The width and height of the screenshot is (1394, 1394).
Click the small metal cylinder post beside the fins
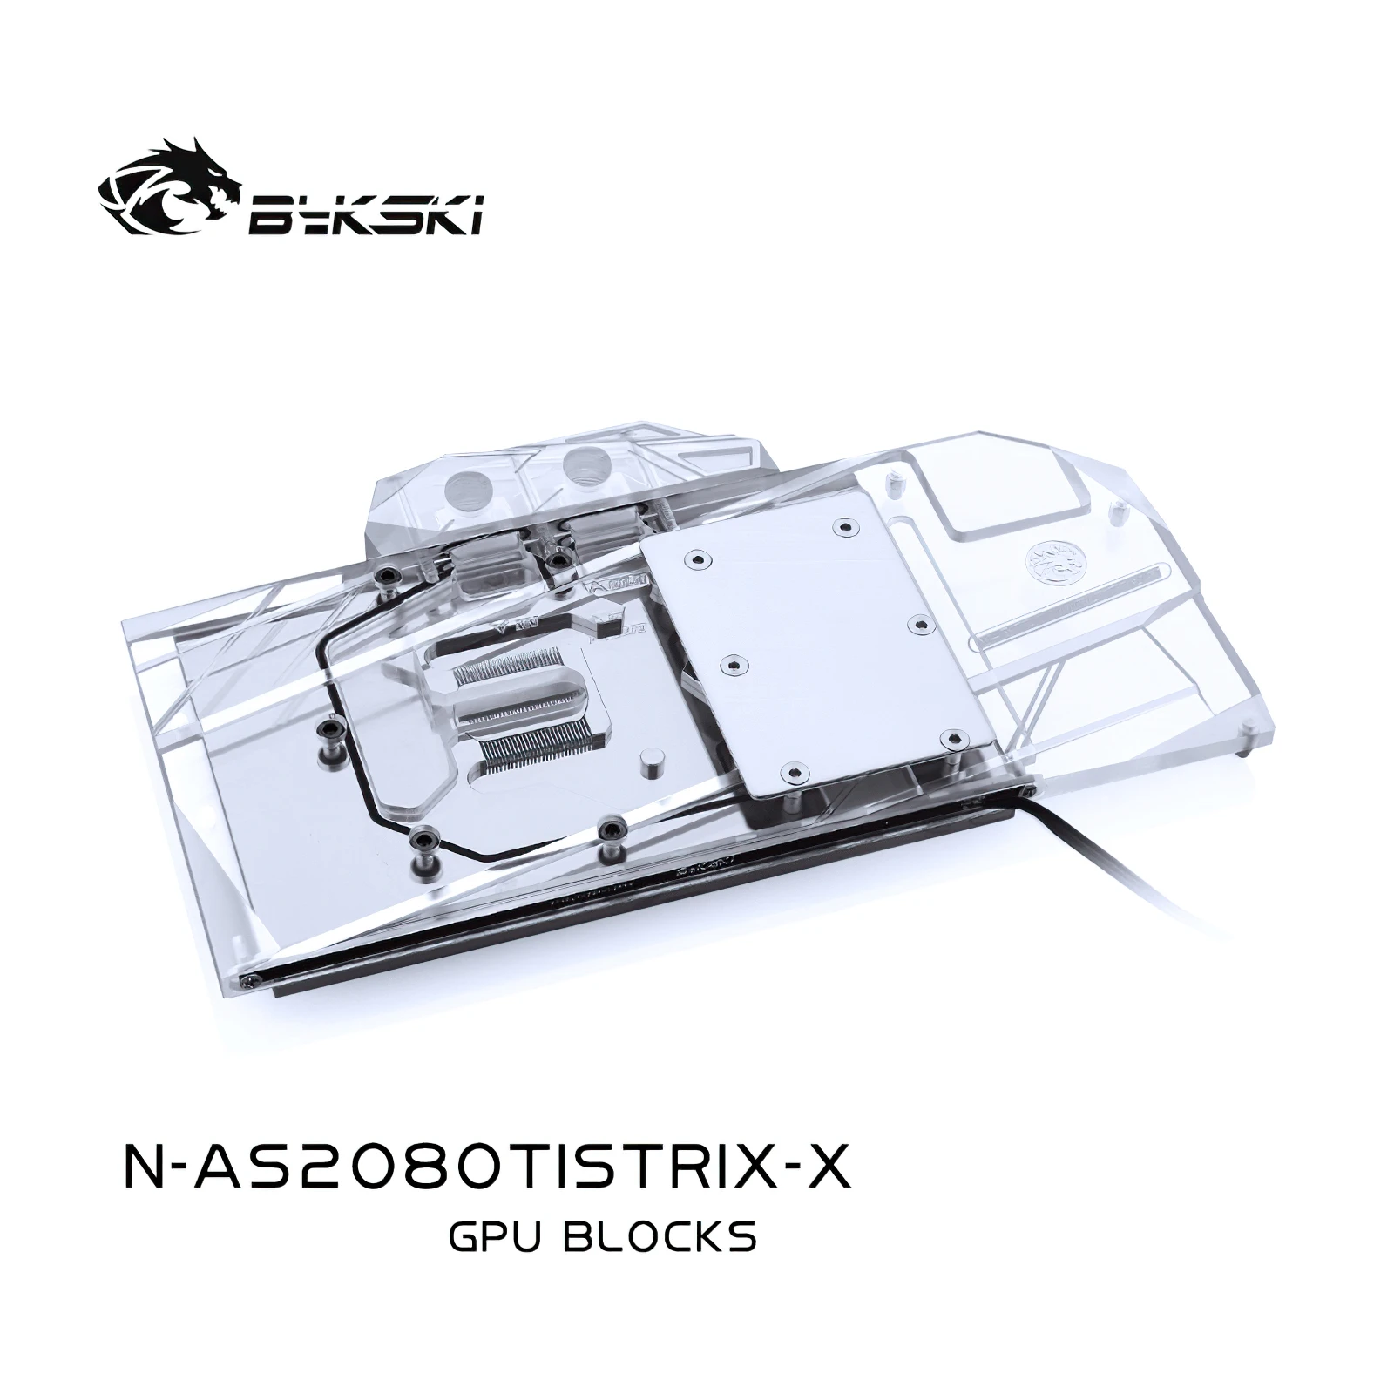(648, 764)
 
